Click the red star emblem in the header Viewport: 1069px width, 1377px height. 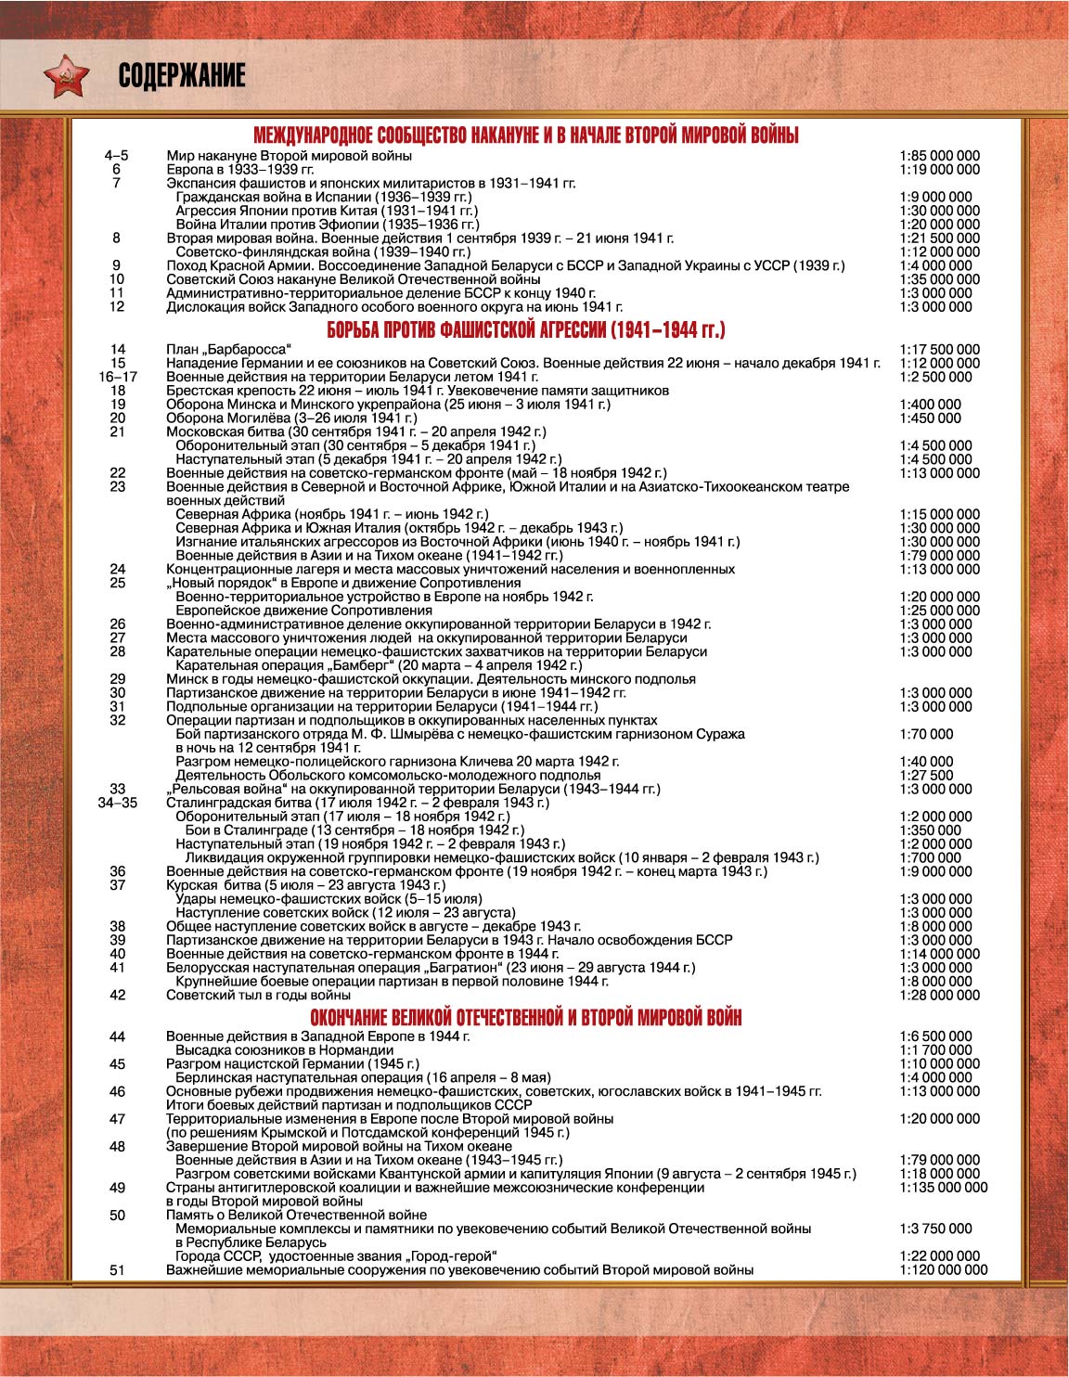point(66,75)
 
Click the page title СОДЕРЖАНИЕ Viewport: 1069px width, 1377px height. point(182,76)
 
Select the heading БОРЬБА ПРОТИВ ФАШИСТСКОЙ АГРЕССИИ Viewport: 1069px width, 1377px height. point(526,330)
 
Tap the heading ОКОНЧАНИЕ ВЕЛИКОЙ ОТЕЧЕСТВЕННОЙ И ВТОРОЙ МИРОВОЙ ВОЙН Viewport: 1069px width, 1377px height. point(526,1017)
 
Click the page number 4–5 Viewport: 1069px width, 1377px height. point(117,156)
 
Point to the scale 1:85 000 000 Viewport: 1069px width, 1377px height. point(939,156)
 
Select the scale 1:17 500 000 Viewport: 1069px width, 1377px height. point(939,350)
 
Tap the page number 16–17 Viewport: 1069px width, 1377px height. point(117,377)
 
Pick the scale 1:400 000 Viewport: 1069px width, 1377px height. point(930,405)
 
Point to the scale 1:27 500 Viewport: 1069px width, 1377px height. point(926,775)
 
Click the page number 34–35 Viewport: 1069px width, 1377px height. point(117,803)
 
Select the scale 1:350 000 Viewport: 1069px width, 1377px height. point(930,830)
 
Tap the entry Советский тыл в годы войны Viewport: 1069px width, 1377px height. point(259,995)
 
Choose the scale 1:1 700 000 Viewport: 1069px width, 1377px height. point(935,1050)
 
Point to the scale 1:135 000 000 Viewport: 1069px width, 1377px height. point(943,1187)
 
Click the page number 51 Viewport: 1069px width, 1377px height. point(117,1269)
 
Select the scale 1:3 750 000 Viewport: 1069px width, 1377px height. point(935,1229)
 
